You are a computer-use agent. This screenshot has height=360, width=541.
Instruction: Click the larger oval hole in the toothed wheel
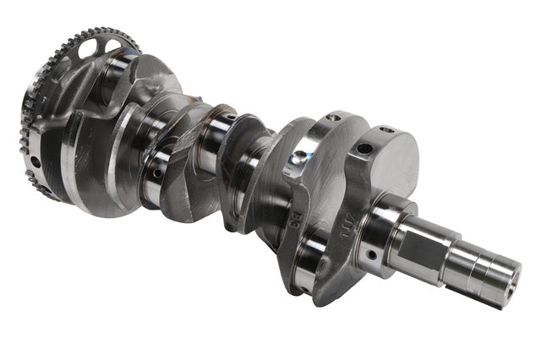tap(88, 49)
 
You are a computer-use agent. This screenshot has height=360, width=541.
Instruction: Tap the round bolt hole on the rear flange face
tap(36, 161)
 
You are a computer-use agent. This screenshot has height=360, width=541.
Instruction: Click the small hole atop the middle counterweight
tap(334, 117)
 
